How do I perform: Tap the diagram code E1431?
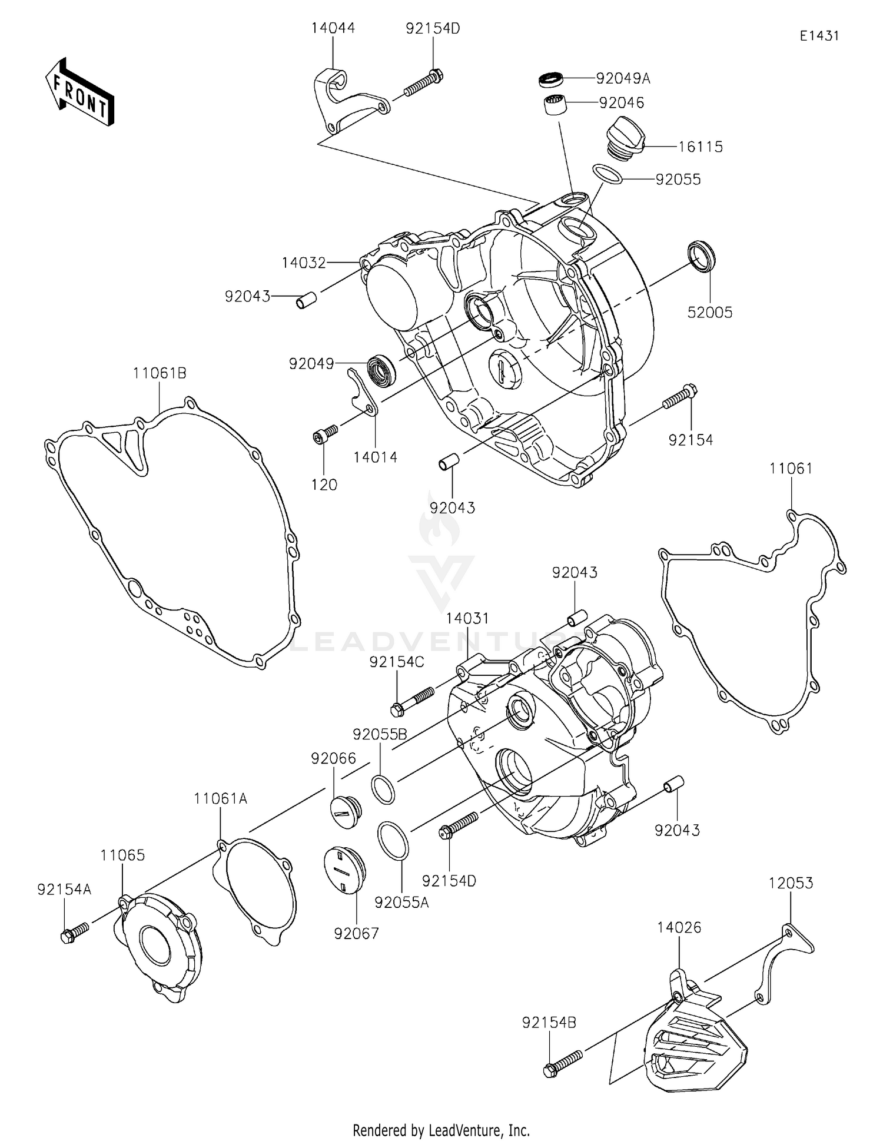coord(819,36)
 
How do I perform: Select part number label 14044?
coord(333,28)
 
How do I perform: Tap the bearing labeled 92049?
coord(381,371)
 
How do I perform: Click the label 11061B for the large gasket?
coord(160,373)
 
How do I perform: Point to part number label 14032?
coord(303,263)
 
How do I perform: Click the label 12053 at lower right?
coord(791,883)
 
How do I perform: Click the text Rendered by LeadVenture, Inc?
coord(441,1130)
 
